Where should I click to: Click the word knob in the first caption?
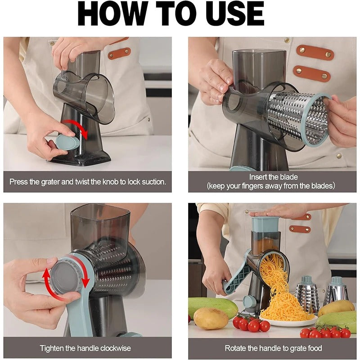coord(108,182)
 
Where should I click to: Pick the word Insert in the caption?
coord(258,177)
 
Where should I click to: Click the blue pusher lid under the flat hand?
coord(266,224)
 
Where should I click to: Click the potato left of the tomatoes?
coord(211,318)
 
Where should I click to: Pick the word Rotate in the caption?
coord(235,348)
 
